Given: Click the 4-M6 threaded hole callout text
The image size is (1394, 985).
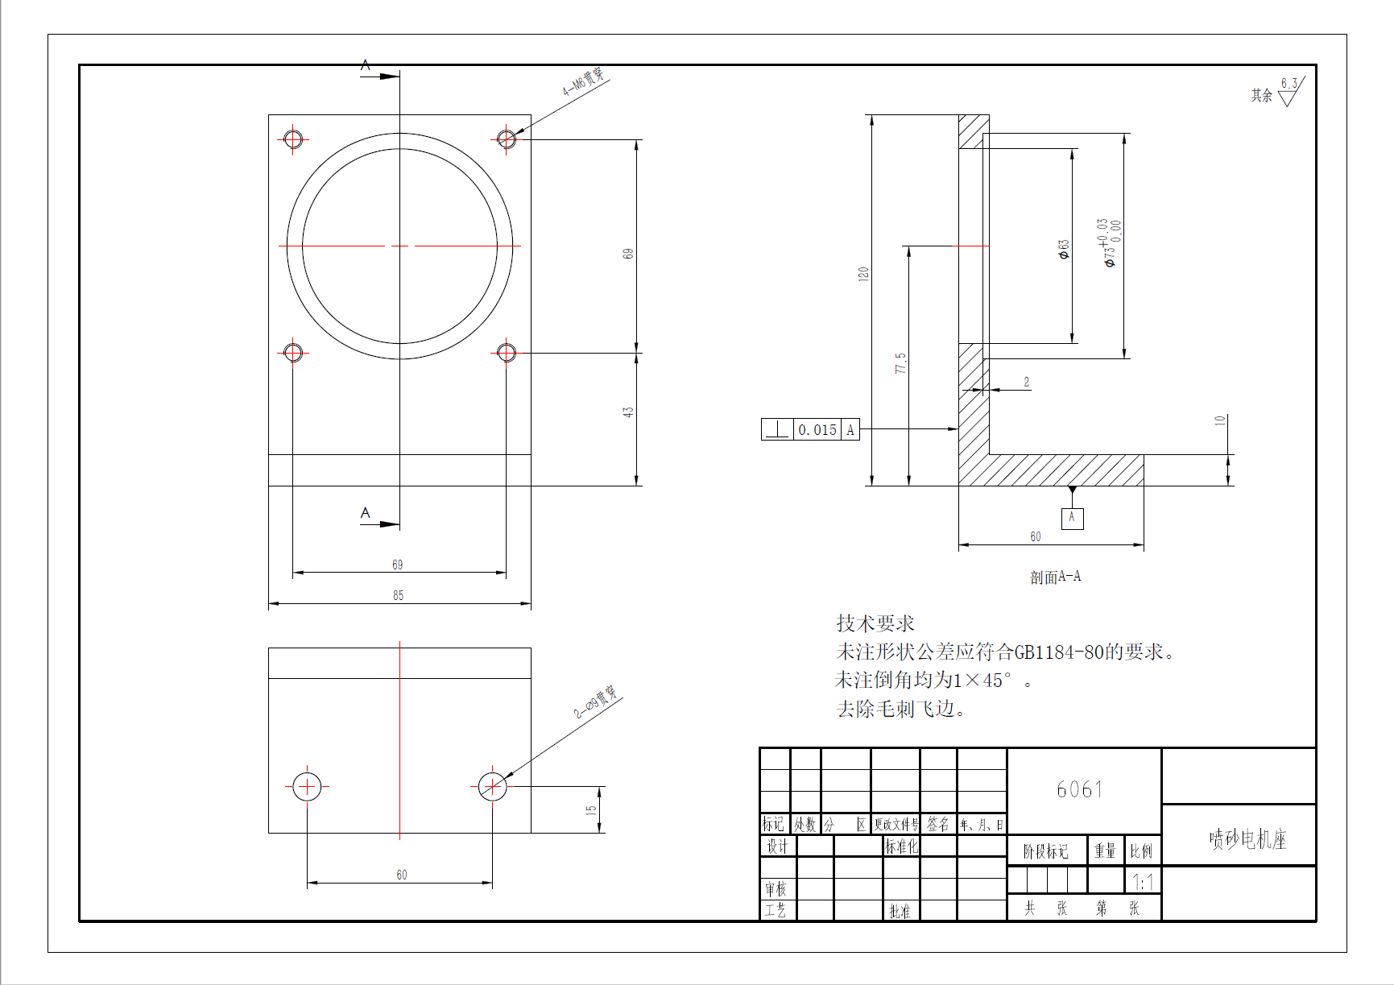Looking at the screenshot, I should pyautogui.click(x=583, y=81).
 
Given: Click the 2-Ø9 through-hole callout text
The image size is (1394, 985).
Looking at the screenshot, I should pyautogui.click(x=595, y=702).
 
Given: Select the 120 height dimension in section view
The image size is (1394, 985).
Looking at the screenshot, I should pyautogui.click(x=863, y=274).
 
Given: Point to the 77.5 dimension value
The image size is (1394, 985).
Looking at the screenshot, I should pyautogui.click(x=900, y=363).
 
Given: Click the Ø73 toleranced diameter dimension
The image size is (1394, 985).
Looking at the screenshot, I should pyautogui.click(x=1109, y=242).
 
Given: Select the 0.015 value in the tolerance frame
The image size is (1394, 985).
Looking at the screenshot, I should pyautogui.click(x=817, y=430).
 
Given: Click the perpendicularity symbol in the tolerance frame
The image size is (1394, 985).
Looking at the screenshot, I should pyautogui.click(x=777, y=430).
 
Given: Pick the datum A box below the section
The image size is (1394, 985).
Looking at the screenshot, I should pyautogui.click(x=1072, y=518).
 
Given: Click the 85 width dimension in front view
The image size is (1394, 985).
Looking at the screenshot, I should pyautogui.click(x=398, y=595).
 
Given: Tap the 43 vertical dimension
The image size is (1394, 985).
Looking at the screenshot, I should pyautogui.click(x=627, y=412).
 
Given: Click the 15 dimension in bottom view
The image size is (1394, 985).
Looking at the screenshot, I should pyautogui.click(x=590, y=809).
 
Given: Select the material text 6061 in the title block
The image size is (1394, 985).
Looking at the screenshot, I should pyautogui.click(x=1079, y=789).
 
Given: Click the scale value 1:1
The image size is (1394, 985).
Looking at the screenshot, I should pyautogui.click(x=1143, y=881).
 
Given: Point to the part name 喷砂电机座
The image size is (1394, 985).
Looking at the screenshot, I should pyautogui.click(x=1247, y=839).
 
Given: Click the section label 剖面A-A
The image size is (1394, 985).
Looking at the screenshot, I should pyautogui.click(x=1055, y=577).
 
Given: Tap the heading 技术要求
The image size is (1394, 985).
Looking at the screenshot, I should pyautogui.click(x=875, y=623).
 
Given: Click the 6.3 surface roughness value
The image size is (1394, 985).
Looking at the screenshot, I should pyautogui.click(x=1289, y=84).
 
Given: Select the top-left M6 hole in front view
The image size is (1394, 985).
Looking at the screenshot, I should pyautogui.click(x=293, y=139).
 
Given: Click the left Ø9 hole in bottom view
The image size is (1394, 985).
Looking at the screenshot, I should pyautogui.click(x=307, y=786).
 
